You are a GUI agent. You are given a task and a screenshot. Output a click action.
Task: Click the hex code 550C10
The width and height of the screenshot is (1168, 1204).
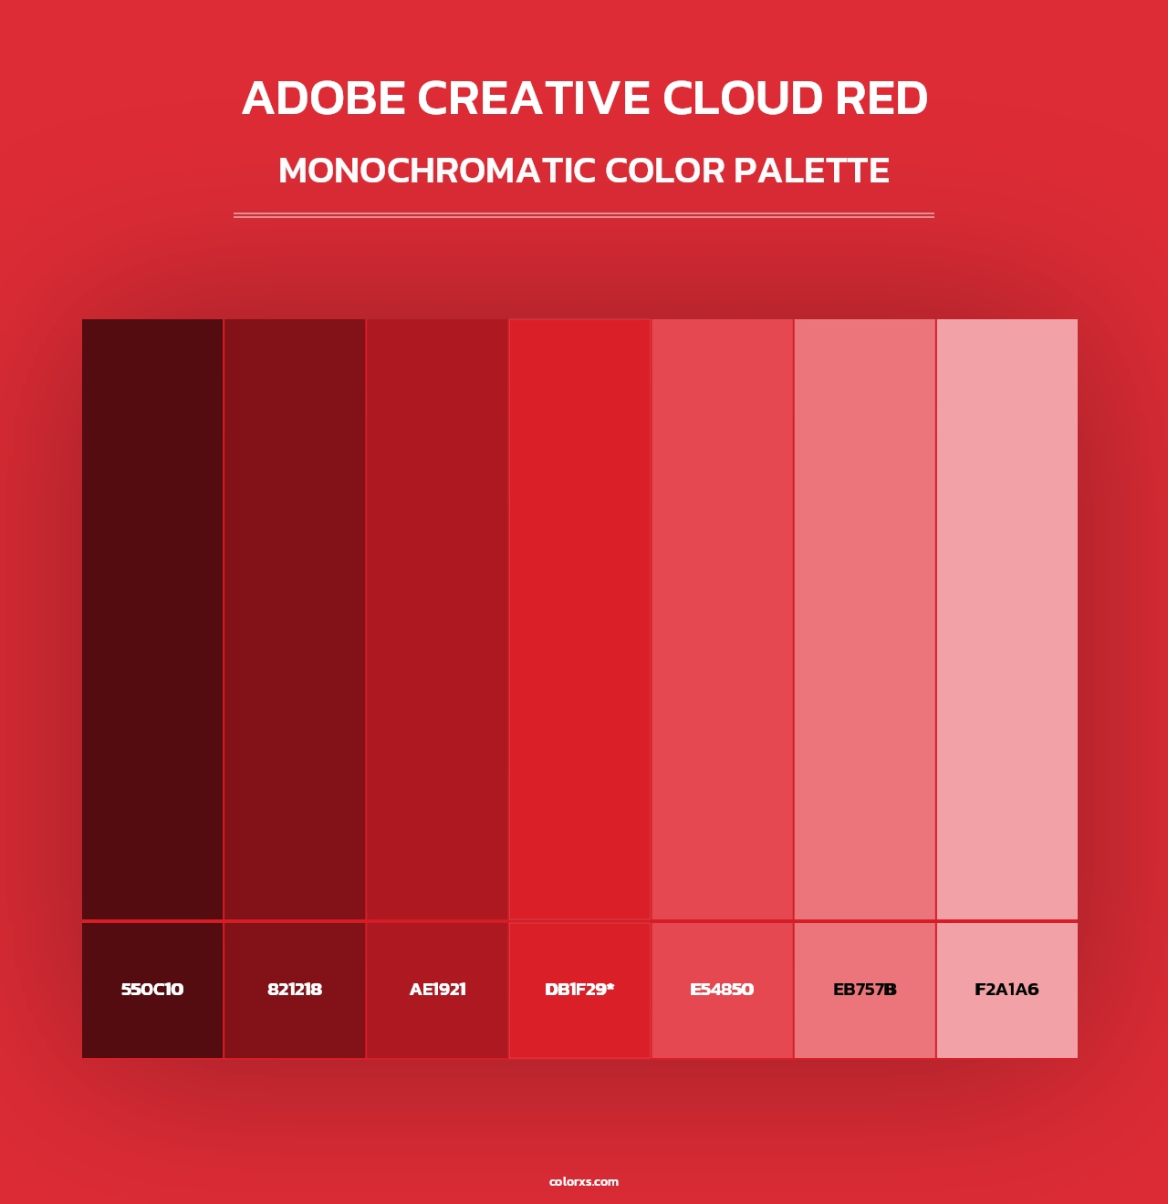[x=152, y=990]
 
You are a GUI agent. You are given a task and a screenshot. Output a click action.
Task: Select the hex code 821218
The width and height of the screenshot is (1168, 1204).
[x=295, y=990]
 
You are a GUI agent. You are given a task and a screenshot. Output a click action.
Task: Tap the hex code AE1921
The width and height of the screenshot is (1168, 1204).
[x=437, y=990]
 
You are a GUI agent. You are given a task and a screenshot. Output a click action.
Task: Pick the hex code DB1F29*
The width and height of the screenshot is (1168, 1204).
[x=579, y=990]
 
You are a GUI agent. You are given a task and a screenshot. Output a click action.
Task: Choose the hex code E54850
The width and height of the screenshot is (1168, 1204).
[x=722, y=990]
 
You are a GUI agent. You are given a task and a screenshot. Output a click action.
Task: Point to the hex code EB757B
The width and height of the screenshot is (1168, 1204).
[x=864, y=990]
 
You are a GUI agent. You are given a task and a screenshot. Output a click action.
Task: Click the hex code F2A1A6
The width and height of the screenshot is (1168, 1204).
[x=1006, y=990]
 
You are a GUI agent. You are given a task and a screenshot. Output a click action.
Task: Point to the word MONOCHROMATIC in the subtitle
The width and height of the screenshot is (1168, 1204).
[x=436, y=171]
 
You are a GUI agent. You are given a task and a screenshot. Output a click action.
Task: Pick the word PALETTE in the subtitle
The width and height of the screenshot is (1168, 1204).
[x=811, y=171]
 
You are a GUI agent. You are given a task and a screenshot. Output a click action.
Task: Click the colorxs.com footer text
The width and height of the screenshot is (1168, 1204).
[x=584, y=1181]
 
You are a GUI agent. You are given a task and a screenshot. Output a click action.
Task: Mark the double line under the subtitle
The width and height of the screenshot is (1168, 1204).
[x=584, y=215]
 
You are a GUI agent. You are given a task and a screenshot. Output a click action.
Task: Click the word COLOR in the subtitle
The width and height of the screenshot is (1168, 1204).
[x=663, y=171]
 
